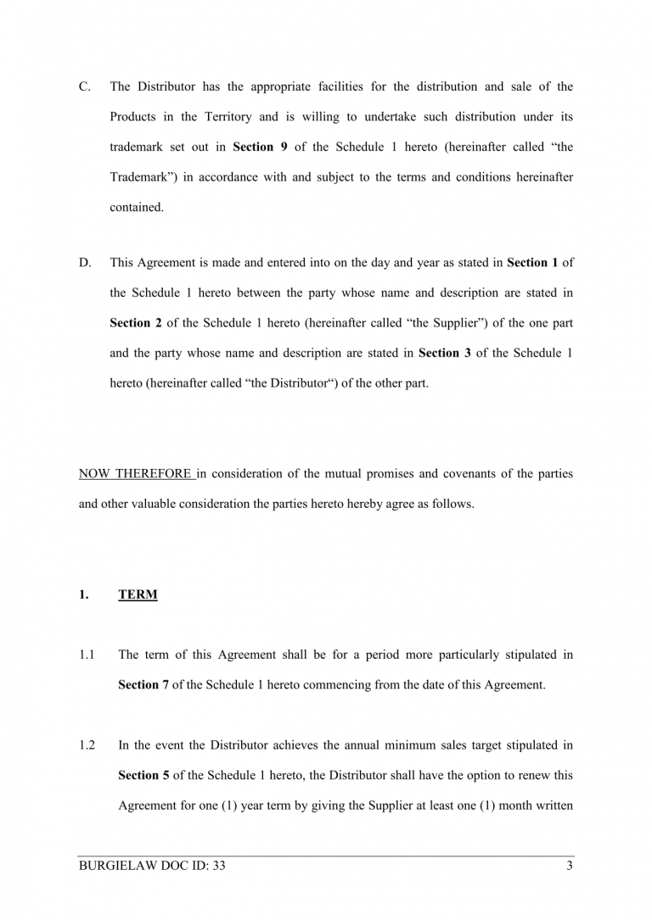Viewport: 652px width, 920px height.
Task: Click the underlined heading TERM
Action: [x=138, y=595]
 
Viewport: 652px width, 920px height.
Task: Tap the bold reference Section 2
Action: [x=136, y=323]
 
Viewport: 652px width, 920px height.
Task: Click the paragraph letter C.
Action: [x=84, y=86]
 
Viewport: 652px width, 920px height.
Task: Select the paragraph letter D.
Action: [x=85, y=263]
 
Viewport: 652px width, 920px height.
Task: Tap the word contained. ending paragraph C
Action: [x=136, y=207]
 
